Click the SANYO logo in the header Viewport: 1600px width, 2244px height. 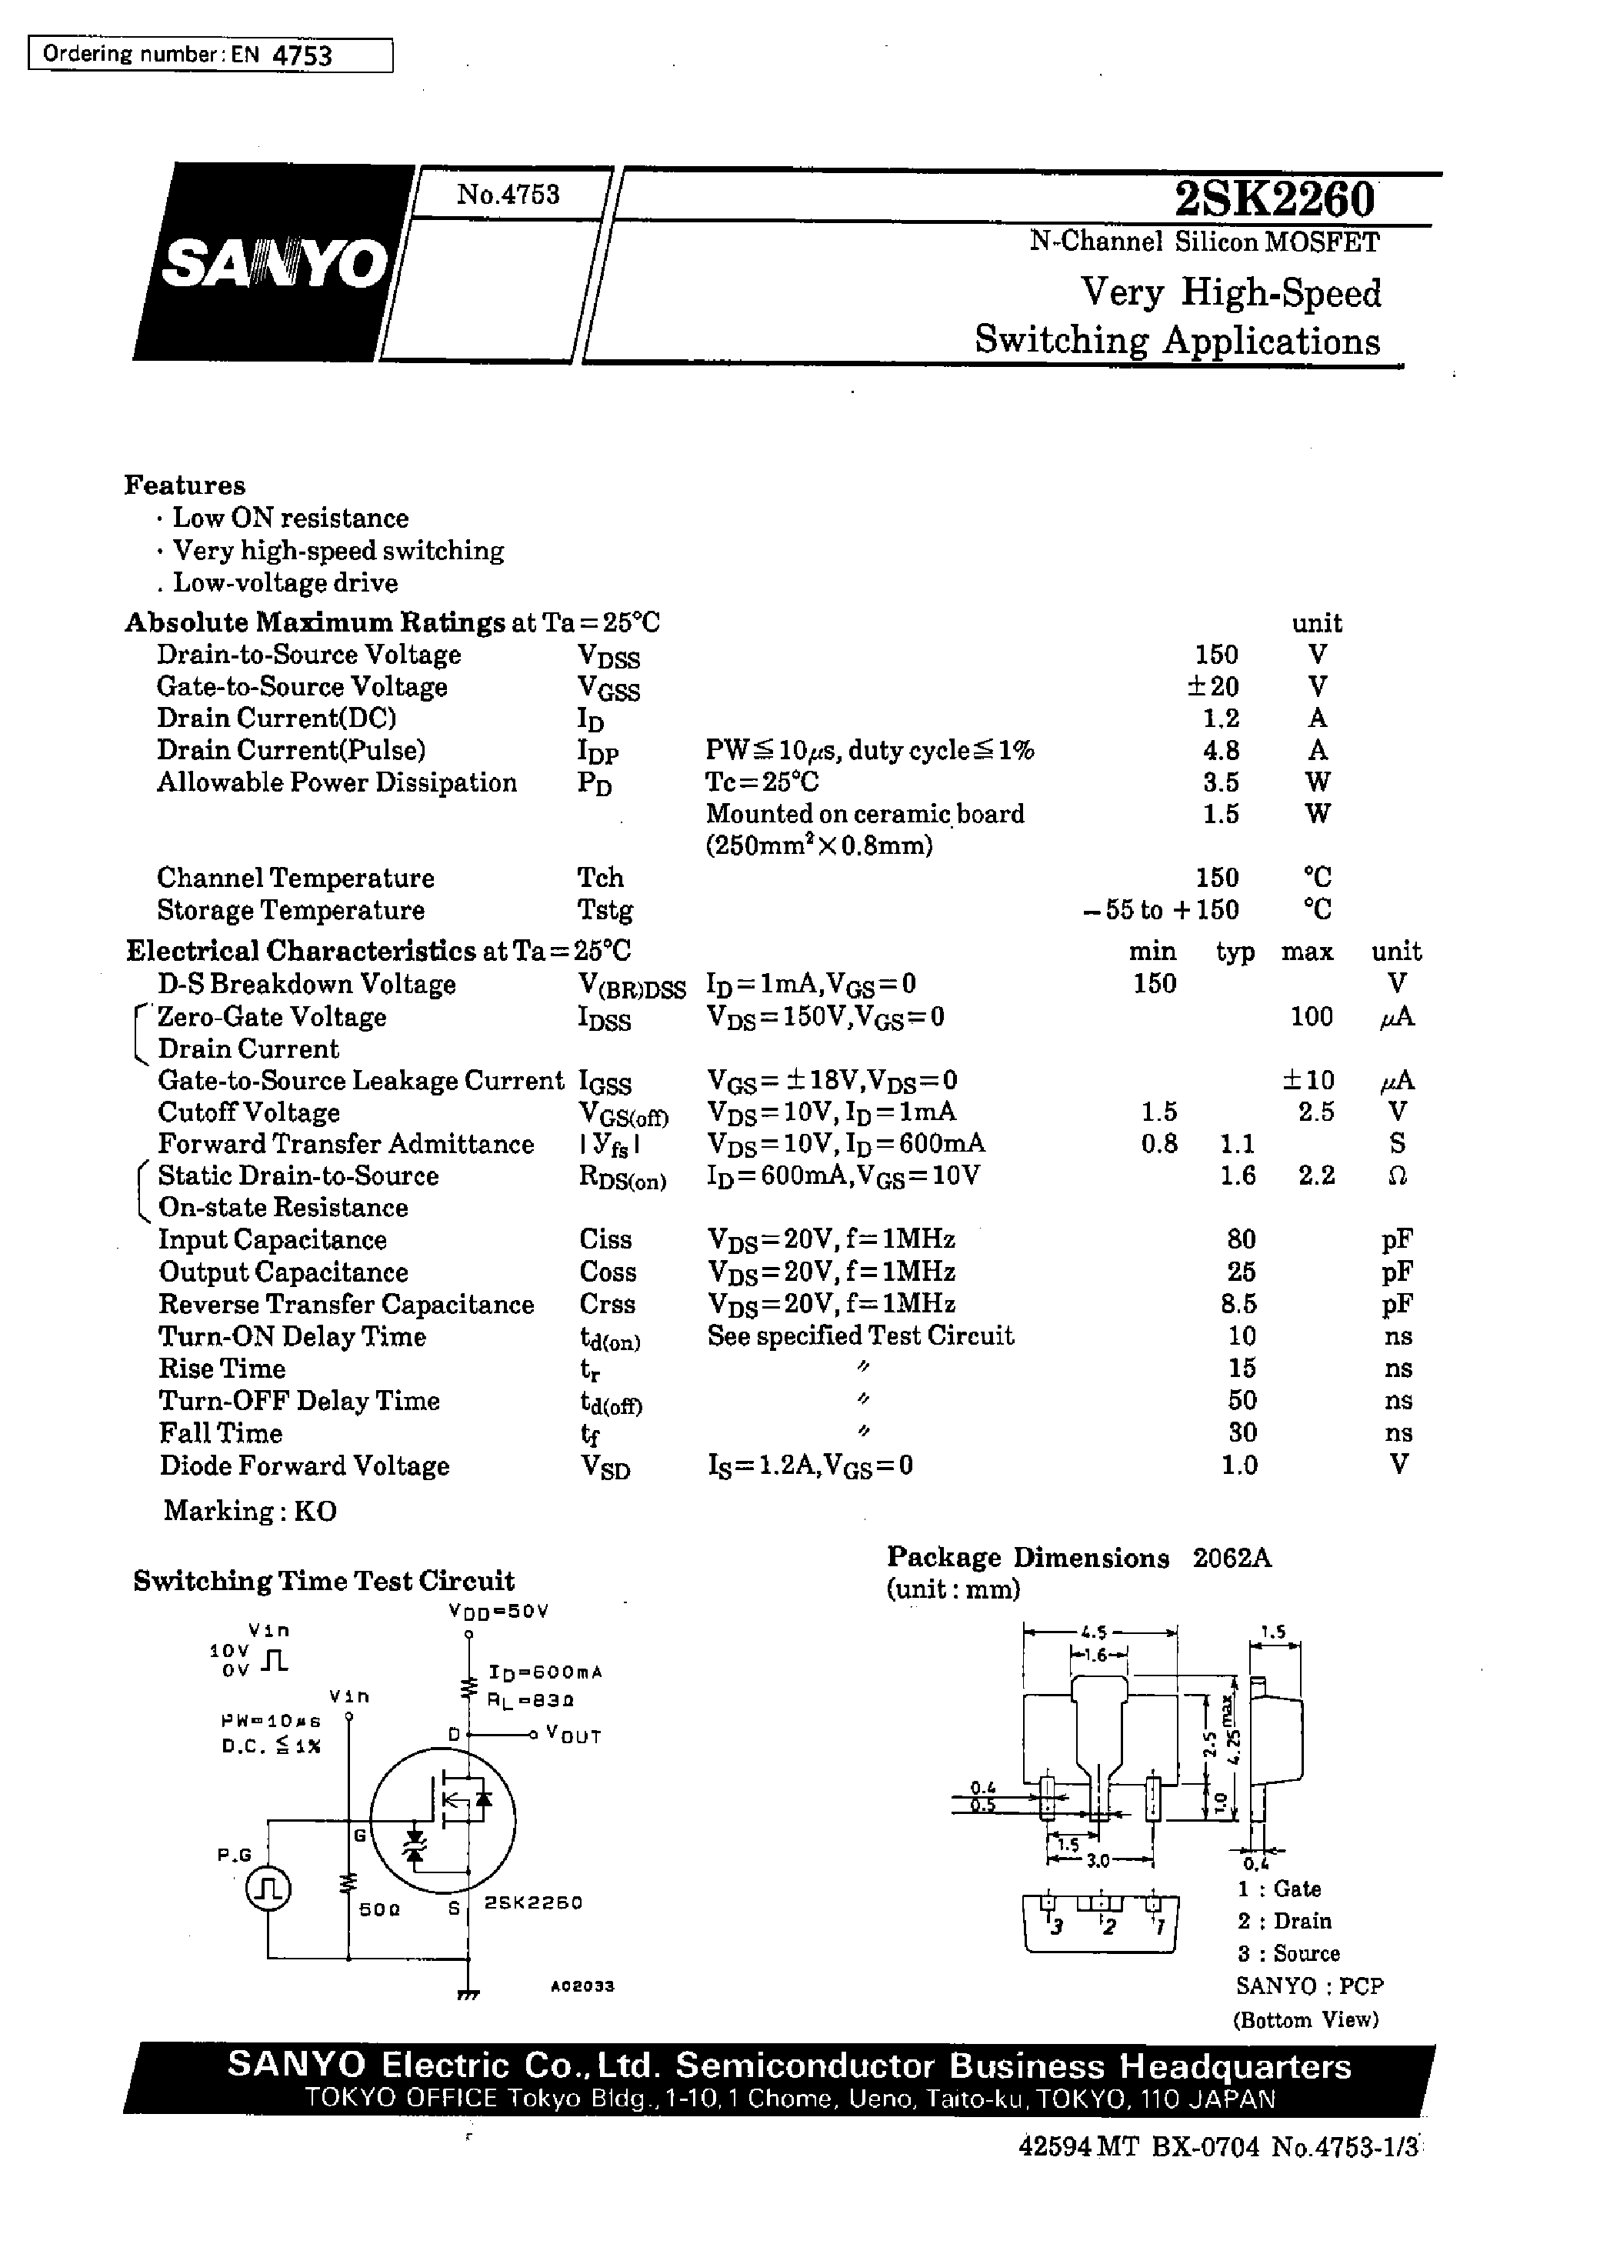(274, 263)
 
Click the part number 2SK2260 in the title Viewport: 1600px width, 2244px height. (1273, 200)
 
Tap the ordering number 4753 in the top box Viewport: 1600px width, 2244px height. (302, 56)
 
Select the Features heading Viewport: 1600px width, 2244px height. (185, 485)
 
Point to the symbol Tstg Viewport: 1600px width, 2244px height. (604, 910)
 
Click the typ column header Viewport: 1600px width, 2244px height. (1235, 952)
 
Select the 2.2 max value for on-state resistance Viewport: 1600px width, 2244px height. (1315, 1175)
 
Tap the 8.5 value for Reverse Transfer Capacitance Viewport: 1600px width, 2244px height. (1238, 1304)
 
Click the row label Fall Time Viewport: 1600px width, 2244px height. (221, 1433)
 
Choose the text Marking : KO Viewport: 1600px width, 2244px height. (250, 1511)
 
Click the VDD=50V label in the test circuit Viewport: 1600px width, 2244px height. (498, 1612)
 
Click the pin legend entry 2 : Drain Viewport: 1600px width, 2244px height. (1284, 1921)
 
